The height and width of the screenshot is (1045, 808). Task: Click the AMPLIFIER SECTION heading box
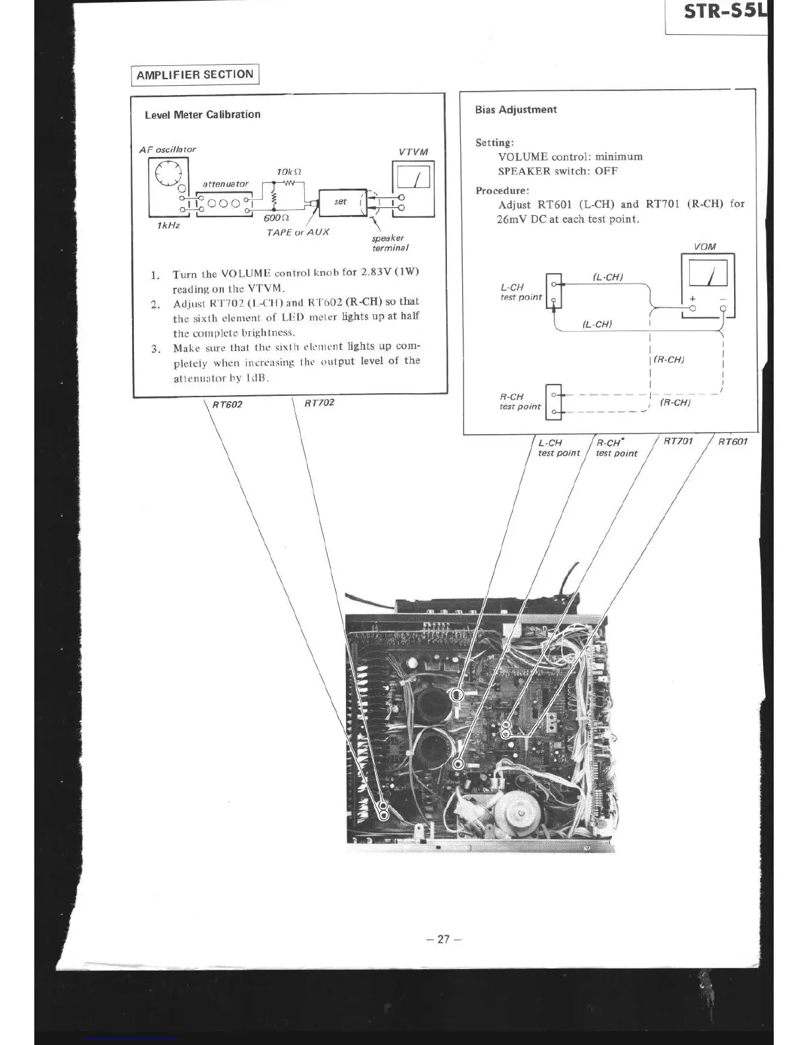pyautogui.click(x=195, y=75)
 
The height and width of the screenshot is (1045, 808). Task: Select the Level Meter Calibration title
pyautogui.click(x=203, y=115)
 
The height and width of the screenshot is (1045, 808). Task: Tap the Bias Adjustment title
pyautogui.click(x=516, y=110)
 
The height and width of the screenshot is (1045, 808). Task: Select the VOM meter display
pyautogui.click(x=708, y=273)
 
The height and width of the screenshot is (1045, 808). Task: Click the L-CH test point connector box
pyautogui.click(x=554, y=292)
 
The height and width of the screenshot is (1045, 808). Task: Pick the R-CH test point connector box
pyautogui.click(x=554, y=402)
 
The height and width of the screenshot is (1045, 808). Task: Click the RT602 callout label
pyautogui.click(x=227, y=404)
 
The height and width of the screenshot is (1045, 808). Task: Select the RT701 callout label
pyautogui.click(x=678, y=441)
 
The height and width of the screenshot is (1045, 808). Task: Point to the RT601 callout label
pyautogui.click(x=733, y=441)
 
